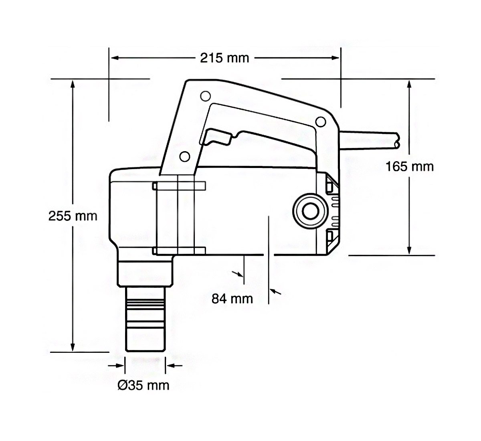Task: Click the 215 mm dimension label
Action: tap(224, 58)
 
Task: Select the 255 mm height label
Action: tap(73, 216)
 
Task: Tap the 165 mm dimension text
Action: tap(409, 166)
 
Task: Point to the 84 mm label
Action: tap(232, 298)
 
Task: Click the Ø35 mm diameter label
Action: tap(143, 386)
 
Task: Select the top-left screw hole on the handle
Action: tap(204, 96)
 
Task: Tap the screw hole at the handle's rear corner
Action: tap(319, 121)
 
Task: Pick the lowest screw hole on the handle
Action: tap(184, 156)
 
